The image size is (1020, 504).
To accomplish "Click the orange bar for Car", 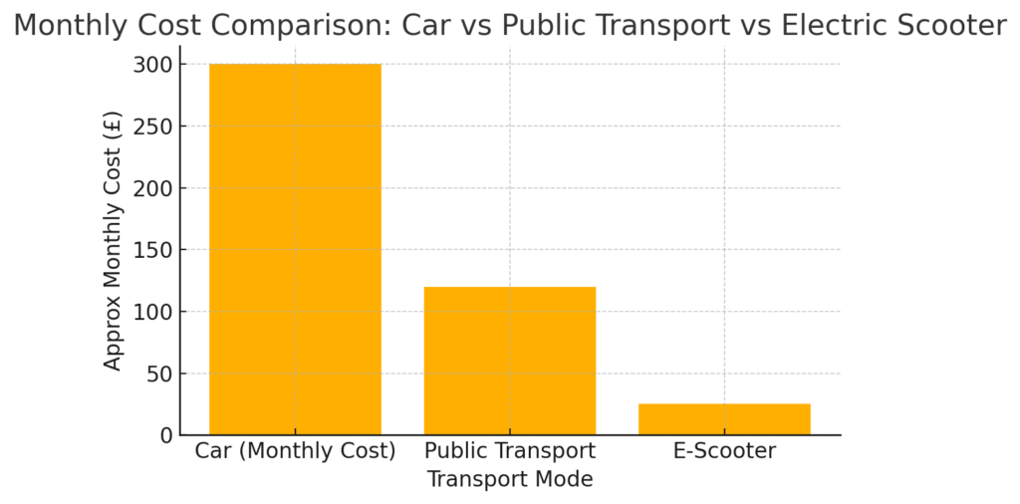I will click(295, 249).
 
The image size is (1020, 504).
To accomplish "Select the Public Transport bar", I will click(510, 361).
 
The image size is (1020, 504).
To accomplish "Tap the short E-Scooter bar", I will click(724, 419).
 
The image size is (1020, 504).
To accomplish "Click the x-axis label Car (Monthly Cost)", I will click(295, 451).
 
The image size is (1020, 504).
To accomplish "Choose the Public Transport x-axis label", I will click(510, 451).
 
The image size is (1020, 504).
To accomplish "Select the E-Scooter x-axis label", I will click(724, 451).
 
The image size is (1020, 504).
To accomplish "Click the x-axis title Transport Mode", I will click(510, 479).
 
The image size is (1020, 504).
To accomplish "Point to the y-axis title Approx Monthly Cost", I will click(113, 240).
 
